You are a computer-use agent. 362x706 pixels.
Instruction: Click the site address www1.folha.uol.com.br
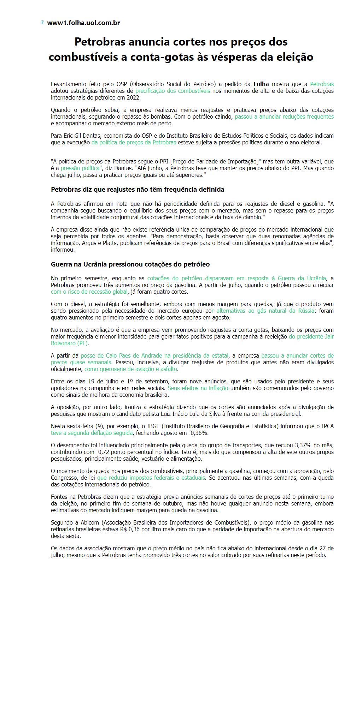tap(83, 23)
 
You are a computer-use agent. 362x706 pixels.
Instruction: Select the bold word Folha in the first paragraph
tap(261, 84)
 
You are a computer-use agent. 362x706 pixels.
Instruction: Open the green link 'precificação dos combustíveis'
tap(173, 91)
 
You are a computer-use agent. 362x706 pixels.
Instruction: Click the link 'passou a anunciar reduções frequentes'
tap(284, 116)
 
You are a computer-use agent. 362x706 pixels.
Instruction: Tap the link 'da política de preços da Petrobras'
tap(134, 142)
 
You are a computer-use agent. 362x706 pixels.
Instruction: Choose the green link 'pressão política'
tap(80, 168)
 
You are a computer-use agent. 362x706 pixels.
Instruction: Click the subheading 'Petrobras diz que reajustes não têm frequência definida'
tap(138, 190)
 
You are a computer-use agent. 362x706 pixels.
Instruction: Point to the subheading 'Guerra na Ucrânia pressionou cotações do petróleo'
tap(130, 264)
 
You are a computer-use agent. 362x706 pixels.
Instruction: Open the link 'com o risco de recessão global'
tap(89, 292)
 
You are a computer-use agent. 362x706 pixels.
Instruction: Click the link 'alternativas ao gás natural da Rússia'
tap(265, 311)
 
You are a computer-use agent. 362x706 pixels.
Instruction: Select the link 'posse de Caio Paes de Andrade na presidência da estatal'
tap(154, 355)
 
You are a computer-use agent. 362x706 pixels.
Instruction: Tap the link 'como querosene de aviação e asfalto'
tap(131, 369)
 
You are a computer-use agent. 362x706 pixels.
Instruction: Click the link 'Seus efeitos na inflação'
tap(198, 388)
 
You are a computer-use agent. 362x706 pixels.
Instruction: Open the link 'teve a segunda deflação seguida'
tap(92, 433)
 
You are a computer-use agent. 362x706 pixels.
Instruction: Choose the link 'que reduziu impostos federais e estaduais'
tap(151, 478)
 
